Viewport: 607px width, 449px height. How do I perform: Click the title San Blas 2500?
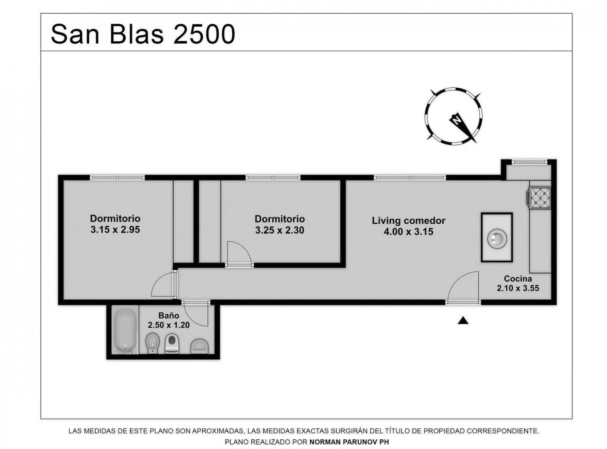pos(143,34)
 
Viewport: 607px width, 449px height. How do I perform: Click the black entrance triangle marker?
pos(463,320)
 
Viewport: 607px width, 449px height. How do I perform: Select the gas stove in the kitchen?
pos(538,198)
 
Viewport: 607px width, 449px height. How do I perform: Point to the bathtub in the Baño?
pos(125,330)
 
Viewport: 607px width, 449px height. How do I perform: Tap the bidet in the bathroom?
pos(151,343)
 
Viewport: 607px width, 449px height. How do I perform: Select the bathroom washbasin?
pos(199,346)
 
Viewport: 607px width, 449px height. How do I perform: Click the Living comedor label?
pos(408,220)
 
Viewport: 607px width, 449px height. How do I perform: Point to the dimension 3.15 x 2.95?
pos(115,229)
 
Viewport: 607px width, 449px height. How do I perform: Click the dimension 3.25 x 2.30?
pos(280,230)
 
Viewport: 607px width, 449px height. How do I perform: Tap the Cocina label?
pos(518,279)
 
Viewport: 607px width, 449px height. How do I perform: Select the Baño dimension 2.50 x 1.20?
pos(169,325)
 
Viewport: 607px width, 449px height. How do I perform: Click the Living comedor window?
pos(410,178)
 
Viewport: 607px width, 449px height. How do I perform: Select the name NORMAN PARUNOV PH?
pos(349,442)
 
